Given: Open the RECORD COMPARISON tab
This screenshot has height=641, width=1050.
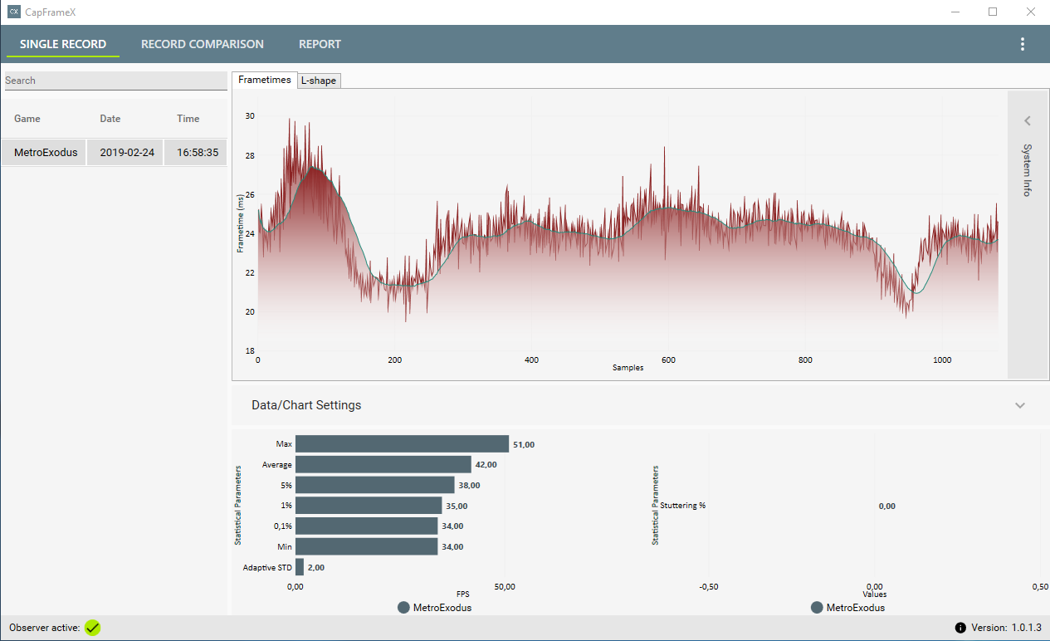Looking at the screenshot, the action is coord(202,44).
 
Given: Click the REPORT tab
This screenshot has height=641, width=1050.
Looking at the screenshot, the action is coord(320,44).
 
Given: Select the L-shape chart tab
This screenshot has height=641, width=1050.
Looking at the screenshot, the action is coord(319,81).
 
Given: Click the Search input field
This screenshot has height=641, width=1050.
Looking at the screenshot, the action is coord(115,81).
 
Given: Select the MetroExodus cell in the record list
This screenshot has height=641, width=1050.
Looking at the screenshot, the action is coord(46,153).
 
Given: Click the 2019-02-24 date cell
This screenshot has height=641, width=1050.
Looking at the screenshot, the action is coord(127,153).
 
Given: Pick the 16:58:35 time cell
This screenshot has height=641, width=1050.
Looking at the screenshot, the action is coord(198,153).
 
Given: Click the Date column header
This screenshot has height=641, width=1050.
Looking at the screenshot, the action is coord(110,119).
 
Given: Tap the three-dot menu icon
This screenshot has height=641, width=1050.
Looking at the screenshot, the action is coord(1023,44).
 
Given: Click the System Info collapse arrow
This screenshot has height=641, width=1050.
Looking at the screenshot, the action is coord(1027,121).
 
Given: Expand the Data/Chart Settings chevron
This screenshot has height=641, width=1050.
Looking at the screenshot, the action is coord(1020,405).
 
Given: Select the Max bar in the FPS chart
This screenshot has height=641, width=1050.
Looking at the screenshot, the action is coord(402,444).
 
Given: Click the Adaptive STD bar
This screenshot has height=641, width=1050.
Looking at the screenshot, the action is coord(300,567).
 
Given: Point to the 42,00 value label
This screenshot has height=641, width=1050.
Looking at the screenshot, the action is coord(486,465).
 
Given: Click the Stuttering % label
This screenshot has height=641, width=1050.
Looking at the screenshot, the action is coord(682,506).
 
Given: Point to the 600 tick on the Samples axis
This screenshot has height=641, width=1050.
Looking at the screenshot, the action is coord(668,360).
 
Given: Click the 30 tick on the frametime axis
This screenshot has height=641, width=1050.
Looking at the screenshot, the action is coord(250,115).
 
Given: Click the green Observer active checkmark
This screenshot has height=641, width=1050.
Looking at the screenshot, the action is coord(93,628).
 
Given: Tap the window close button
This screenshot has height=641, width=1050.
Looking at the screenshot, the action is coord(1030,12).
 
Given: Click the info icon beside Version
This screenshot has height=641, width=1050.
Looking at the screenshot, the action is coord(960,628).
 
